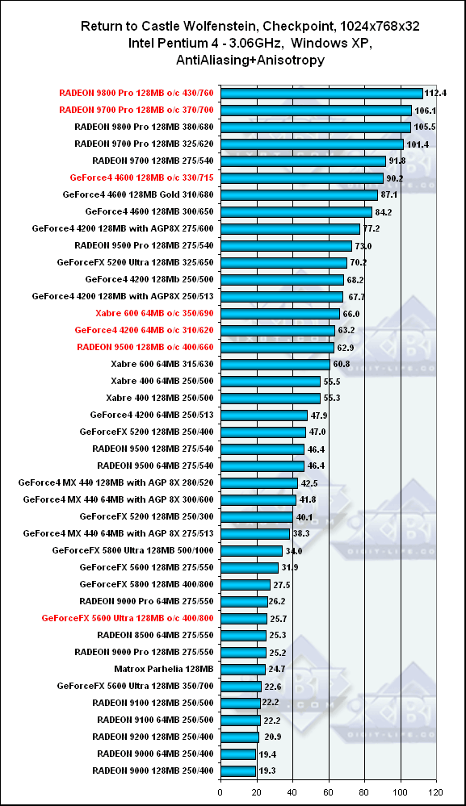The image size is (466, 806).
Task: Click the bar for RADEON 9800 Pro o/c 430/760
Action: pyautogui.click(x=321, y=93)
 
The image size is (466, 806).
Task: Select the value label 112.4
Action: pyautogui.click(x=435, y=94)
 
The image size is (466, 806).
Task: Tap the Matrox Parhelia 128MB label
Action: pyautogui.click(x=164, y=669)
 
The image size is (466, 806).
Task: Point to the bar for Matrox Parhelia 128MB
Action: pyautogui.click(x=243, y=669)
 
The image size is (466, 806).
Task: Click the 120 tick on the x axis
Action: pyautogui.click(x=436, y=792)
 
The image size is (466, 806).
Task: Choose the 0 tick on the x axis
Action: pyautogui.click(x=220, y=792)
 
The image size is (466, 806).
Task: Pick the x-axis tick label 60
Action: pyautogui.click(x=328, y=792)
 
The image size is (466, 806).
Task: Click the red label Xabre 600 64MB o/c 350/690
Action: pyautogui.click(x=154, y=313)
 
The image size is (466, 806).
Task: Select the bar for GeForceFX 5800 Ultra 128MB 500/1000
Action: pyautogui.click(x=251, y=550)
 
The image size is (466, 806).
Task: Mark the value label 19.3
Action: pyautogui.click(x=267, y=771)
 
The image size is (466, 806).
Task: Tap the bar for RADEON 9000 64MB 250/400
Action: pyautogui.click(x=238, y=754)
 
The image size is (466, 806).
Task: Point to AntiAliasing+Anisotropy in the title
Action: pyautogui.click(x=250, y=61)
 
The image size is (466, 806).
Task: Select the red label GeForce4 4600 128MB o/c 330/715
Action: pyautogui.click(x=141, y=177)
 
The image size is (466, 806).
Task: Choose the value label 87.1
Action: pyautogui.click(x=388, y=194)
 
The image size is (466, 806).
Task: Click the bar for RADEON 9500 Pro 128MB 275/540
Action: pyautogui.click(x=286, y=246)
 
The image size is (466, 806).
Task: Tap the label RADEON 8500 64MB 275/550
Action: pyautogui.click(x=155, y=635)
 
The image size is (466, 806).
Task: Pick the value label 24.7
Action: pyautogui.click(x=277, y=670)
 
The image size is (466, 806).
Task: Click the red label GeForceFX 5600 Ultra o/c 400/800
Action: pyautogui.click(x=128, y=618)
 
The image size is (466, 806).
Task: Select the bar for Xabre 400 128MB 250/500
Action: pyautogui.click(x=271, y=398)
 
